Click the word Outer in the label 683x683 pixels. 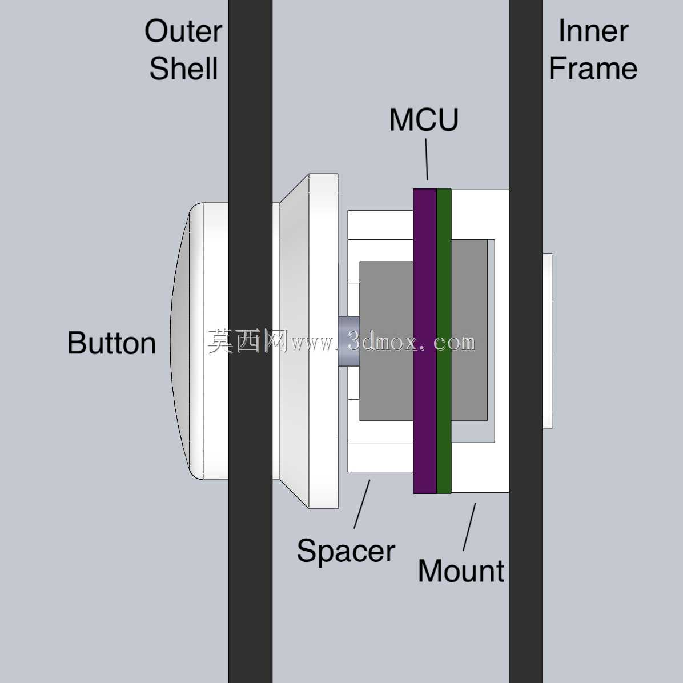coord(183,31)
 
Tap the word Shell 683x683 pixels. coord(183,69)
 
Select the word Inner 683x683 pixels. coord(593,31)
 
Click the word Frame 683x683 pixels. coord(593,69)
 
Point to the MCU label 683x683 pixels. coord(424,120)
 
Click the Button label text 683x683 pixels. coord(111,343)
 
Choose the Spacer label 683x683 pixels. coord(346,552)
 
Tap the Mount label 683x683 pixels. coord(461,571)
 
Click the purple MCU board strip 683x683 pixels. coord(425,341)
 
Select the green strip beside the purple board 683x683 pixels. coord(443,341)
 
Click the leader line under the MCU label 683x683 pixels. coord(427,159)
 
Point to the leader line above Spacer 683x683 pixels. coord(362,504)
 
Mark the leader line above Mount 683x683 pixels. coord(469,527)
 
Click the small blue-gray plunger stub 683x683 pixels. coord(349,341)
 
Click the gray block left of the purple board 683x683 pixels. coord(387,341)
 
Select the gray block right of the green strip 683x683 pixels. coord(469,330)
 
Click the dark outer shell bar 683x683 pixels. coord(251,341)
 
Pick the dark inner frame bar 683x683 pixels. coord(526,341)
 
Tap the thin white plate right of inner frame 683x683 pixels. coord(548,341)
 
